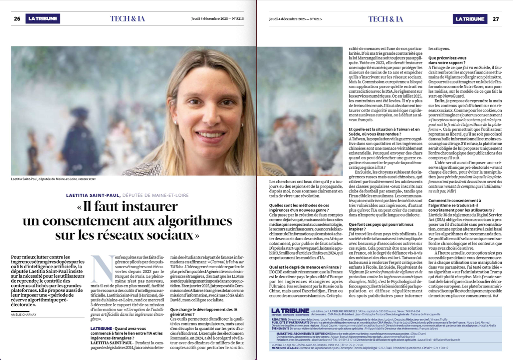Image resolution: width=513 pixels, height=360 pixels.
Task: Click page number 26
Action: pos(17,19)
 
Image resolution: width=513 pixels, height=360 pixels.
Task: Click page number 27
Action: pos(495,19)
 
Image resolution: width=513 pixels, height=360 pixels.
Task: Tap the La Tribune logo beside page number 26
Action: pos(42,19)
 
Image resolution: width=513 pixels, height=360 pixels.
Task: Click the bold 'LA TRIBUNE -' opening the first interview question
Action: pos(105,328)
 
